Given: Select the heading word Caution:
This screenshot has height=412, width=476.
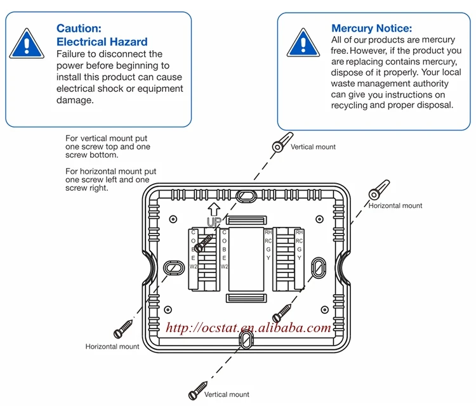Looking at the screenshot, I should pos(79,28).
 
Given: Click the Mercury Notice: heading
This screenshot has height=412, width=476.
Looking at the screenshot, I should pos(371,28).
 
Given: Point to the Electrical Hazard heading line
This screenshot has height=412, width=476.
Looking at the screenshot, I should pos(102,42).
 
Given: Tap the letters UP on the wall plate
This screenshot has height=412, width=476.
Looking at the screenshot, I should pos(214,222).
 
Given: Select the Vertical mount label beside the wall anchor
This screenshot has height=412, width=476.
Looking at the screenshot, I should pos(313,147).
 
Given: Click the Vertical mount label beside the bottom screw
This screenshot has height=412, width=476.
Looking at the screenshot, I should pos(227,394).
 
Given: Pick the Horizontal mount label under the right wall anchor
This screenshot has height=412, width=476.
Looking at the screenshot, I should pos(395,205).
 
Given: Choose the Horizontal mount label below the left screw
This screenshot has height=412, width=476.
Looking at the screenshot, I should pos(112,347).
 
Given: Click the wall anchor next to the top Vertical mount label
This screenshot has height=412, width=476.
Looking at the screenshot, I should pos(281,142).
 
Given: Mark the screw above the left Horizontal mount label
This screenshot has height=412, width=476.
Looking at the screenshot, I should pos(124,329).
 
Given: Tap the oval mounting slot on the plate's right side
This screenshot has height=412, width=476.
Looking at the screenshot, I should pos(318,265).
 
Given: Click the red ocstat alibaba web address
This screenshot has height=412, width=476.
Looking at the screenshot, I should pos(248,328).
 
